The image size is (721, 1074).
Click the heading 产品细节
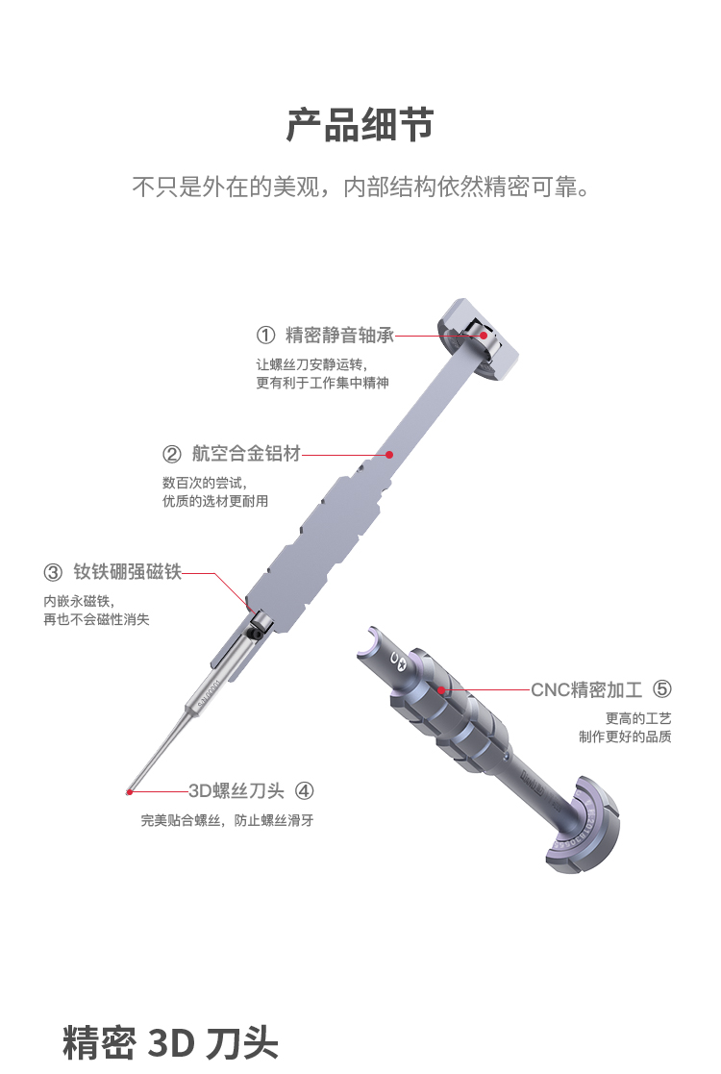point(360,125)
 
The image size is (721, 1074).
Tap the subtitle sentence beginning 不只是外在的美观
point(360,187)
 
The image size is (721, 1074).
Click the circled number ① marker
point(265,335)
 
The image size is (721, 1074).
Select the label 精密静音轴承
point(339,335)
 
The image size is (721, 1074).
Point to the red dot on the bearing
point(484,335)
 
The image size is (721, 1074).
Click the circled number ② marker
point(172,454)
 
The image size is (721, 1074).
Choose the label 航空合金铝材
point(246,454)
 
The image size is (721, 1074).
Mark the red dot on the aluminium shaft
point(389,454)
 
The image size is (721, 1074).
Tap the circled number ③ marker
point(53,572)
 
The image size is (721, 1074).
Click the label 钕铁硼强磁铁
point(127,571)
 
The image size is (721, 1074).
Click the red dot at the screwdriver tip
point(129,792)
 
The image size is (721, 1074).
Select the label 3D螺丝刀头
point(236,791)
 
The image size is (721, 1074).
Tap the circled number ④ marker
point(304,791)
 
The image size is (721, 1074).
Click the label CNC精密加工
point(586,689)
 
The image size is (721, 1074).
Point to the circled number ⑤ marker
point(661,689)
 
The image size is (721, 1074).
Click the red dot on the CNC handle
point(442,689)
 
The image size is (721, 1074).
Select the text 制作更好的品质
point(625,737)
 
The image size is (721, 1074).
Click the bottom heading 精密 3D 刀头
point(170,1042)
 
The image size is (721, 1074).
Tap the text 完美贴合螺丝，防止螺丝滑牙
point(227,820)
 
